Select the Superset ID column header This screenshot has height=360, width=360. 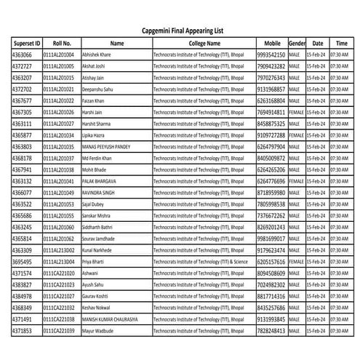[x=26, y=44]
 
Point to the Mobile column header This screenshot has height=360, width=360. [x=271, y=44]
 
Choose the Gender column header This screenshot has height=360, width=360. [x=297, y=44]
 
